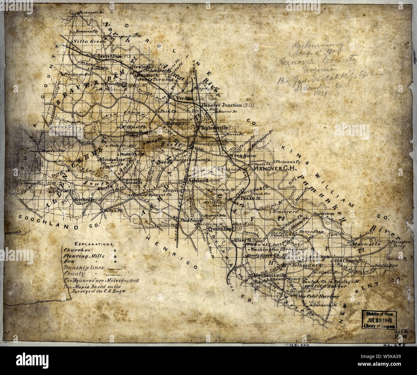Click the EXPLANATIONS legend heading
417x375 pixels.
pyautogui.click(x=89, y=244)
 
